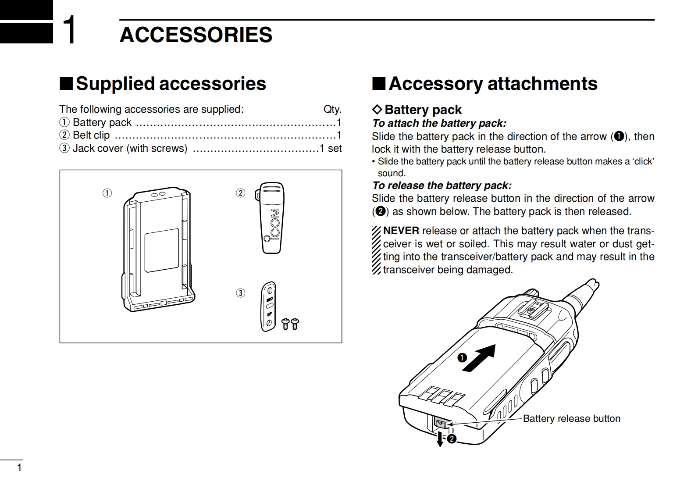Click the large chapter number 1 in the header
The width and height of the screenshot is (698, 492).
click(69, 30)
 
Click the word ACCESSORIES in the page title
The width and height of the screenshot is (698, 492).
click(196, 35)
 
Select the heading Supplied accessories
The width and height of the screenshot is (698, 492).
click(171, 83)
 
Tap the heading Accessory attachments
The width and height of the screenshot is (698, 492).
click(492, 83)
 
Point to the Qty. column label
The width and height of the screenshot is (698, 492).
click(332, 109)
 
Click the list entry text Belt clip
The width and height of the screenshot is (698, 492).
click(91, 135)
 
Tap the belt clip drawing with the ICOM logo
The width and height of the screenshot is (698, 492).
click(272, 217)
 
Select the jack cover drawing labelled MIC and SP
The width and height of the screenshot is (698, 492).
click(269, 306)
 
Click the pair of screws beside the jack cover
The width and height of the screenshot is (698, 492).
click(290, 324)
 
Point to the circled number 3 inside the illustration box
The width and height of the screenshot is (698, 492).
click(240, 293)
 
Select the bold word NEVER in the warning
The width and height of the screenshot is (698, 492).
click(401, 231)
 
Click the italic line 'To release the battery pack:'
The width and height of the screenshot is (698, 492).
click(442, 185)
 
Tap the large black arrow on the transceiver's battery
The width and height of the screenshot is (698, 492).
click(479, 358)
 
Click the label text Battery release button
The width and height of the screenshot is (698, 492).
click(571, 418)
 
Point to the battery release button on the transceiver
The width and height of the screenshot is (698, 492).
click(440, 423)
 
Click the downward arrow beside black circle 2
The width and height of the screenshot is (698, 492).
click(440, 439)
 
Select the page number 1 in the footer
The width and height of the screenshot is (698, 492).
click(19, 467)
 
